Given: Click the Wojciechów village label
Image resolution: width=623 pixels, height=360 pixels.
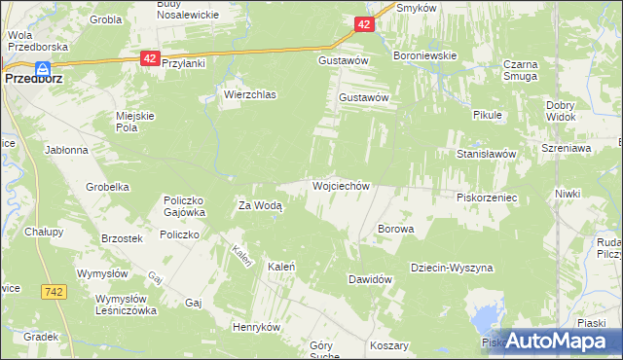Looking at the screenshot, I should coord(340,186).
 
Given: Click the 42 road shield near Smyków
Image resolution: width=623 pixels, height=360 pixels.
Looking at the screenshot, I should coord(362,24).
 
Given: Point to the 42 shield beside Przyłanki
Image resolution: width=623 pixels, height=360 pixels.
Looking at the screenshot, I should coord(149,58).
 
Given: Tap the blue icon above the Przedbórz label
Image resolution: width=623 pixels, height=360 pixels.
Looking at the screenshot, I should coord(43,68).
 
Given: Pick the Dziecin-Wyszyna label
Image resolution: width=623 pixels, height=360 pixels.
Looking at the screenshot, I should coord(452,268).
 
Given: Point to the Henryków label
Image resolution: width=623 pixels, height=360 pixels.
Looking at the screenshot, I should coord(256,327).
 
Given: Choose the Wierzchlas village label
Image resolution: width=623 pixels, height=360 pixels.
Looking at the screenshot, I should coord(250,95).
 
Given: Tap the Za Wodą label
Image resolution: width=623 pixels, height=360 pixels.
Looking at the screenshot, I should coord(260,205).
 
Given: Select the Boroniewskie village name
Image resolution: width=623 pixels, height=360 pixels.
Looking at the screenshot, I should coord(424,56).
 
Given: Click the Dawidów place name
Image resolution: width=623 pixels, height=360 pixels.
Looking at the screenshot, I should coord(370,279).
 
